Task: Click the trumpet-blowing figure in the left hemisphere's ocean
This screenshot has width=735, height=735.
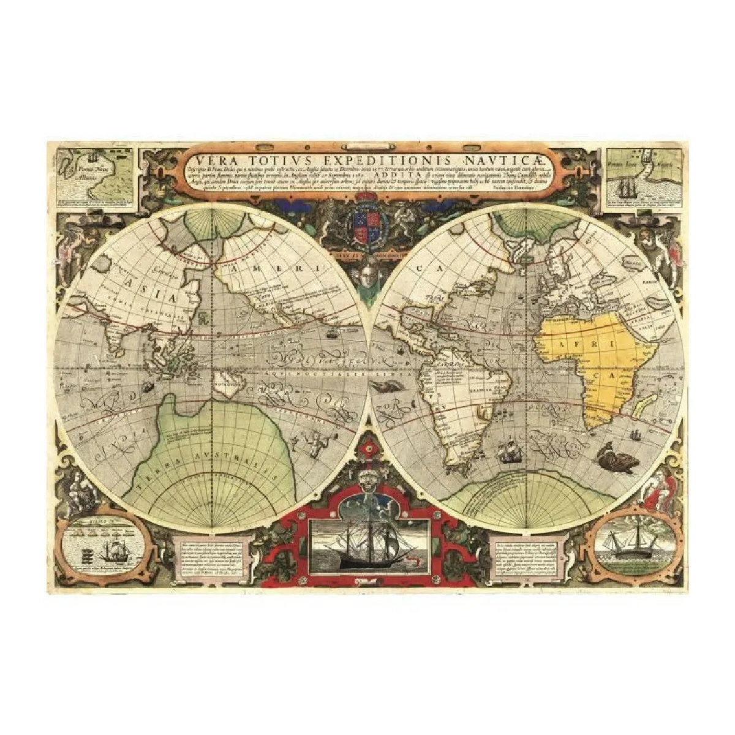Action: pyautogui.click(x=317, y=438)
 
